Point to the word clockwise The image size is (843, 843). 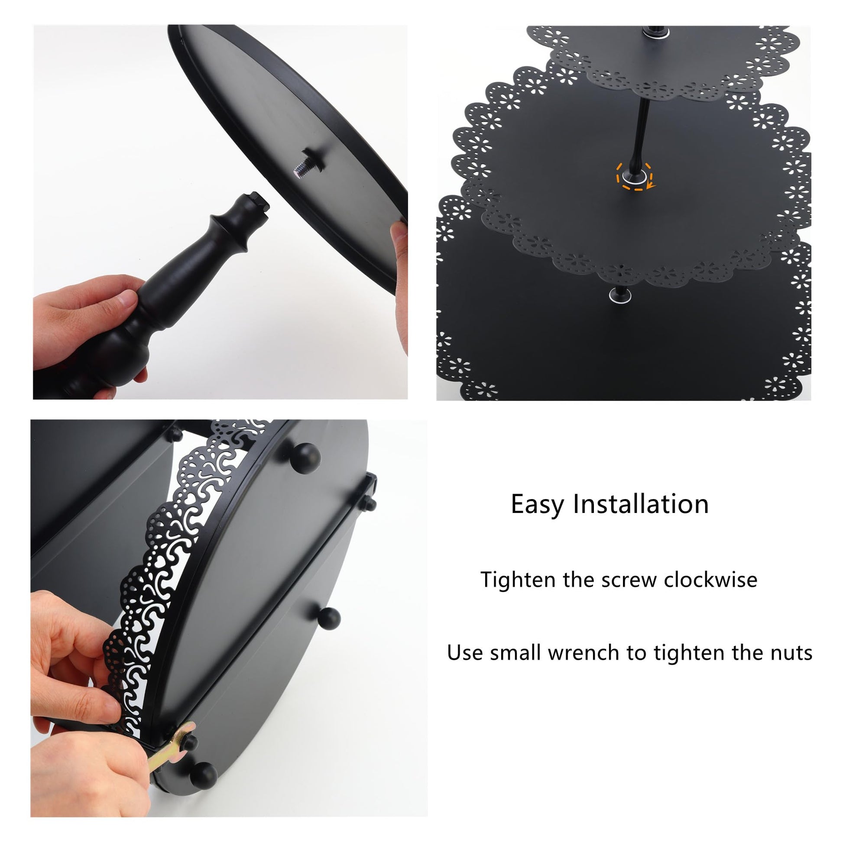point(710,580)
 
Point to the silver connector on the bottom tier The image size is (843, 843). point(621,296)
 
